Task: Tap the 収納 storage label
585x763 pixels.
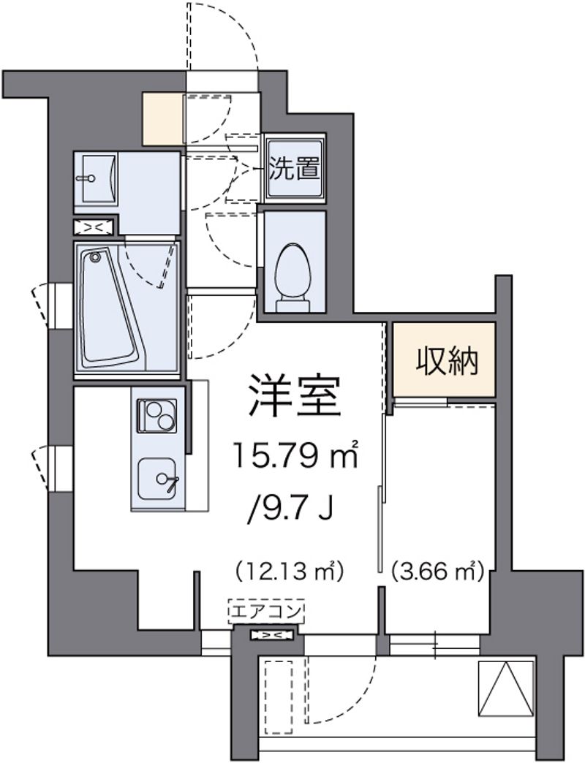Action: [x=447, y=360]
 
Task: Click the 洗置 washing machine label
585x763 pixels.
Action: [x=295, y=169]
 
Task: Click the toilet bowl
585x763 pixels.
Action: [x=294, y=273]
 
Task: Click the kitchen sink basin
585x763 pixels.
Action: [x=159, y=479]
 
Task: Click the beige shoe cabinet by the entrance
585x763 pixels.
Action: [x=162, y=118]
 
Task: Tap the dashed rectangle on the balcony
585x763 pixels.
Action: [x=278, y=696]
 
